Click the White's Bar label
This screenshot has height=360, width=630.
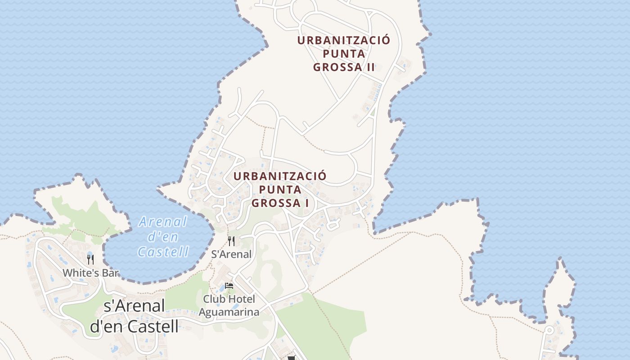[90, 273]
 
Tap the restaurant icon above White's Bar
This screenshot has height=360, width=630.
[90, 259]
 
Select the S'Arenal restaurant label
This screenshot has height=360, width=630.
[231, 254]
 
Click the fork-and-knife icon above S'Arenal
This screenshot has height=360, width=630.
[231, 241]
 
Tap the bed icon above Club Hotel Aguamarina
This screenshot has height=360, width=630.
[229, 286]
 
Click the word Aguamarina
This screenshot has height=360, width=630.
[229, 312]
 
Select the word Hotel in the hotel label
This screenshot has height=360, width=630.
[241, 299]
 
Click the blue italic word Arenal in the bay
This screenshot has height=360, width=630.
[162, 222]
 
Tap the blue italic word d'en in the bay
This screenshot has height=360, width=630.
[163, 237]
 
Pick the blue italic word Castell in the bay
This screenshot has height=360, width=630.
[163, 252]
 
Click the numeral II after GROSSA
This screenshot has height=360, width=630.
[370, 67]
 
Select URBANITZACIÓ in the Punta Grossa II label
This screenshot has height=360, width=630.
[343, 40]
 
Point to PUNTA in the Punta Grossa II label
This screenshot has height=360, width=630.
[344, 54]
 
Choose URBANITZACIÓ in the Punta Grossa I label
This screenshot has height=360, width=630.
[280, 175]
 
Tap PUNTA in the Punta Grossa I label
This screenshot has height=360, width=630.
[280, 189]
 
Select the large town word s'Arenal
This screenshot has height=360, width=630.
[134, 306]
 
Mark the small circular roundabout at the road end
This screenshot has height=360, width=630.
[549, 330]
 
